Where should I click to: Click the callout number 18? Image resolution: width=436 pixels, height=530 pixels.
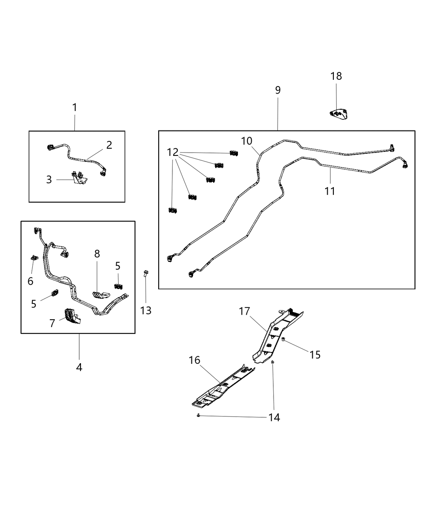336,76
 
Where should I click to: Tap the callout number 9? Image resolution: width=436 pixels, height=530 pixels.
278,90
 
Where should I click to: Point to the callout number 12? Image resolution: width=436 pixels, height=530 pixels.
173,152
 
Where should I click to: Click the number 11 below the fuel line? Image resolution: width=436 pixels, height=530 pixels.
330,191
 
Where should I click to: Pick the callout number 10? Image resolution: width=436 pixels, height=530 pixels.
247,141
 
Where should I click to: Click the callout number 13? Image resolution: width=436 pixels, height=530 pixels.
146,310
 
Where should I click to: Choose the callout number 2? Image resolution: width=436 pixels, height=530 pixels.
109,145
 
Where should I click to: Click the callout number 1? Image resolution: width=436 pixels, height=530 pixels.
75,108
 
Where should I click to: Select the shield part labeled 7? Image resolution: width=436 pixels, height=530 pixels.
71,316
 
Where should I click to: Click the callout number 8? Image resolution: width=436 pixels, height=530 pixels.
97,254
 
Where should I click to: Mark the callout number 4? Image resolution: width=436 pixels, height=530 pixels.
79,367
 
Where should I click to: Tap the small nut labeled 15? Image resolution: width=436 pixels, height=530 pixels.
283,340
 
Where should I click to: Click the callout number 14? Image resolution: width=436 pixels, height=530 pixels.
274,417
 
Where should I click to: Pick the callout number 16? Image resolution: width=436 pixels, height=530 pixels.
194,360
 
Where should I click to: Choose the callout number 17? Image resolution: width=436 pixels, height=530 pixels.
245,311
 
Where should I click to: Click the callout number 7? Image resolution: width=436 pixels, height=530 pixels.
52,323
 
